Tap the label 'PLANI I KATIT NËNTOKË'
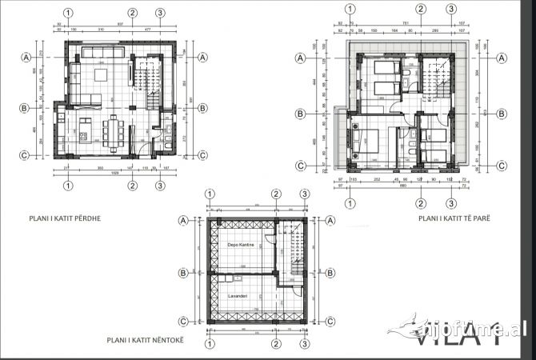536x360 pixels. point(146,340)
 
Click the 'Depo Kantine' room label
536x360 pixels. point(241,244)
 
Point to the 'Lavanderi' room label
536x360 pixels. point(237,296)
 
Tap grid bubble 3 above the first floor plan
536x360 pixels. point(451,10)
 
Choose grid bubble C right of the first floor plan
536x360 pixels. point(502,166)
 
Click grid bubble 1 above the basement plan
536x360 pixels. point(210,194)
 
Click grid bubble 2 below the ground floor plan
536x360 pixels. point(133,186)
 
